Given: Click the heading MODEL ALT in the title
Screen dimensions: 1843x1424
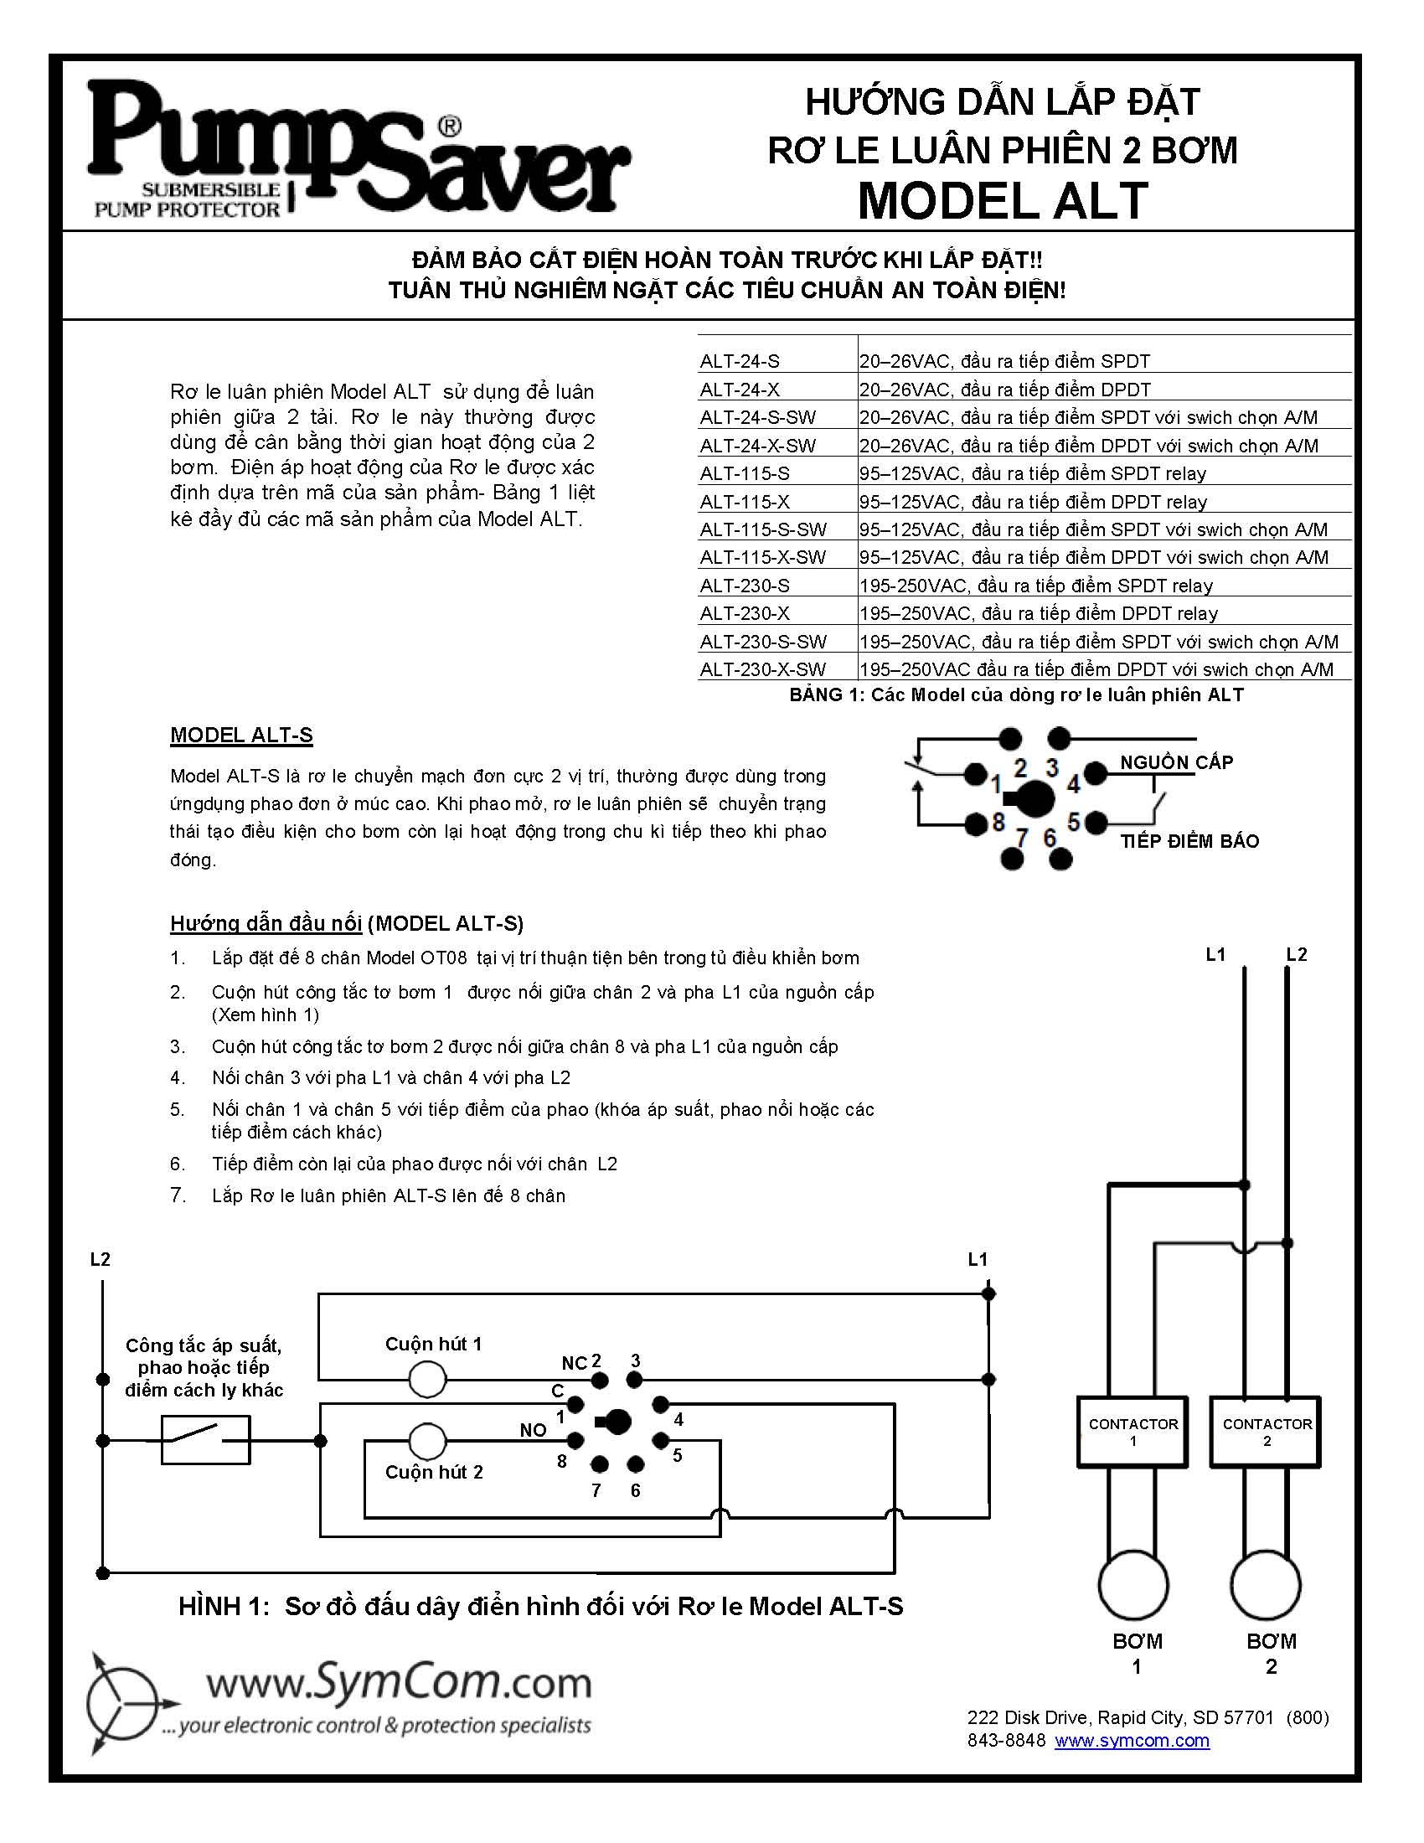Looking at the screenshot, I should [1002, 201].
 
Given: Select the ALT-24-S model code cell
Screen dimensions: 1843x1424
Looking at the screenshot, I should [740, 361].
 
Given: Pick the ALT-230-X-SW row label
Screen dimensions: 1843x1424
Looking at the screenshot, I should [762, 669].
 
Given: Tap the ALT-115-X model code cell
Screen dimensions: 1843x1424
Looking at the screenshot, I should [745, 501].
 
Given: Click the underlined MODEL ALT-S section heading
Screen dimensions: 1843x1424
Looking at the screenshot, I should [241, 735].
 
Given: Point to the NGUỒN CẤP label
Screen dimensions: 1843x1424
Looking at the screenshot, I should [1176, 762].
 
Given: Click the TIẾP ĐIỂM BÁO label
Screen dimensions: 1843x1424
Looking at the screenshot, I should [1189, 840].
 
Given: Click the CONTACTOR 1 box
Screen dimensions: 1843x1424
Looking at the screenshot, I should [1132, 1432].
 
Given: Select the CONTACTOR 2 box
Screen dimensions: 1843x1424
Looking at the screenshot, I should [1266, 1432].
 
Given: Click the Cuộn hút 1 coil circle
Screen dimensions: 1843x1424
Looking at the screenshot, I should [427, 1380].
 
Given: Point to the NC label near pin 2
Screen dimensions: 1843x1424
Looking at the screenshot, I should [574, 1363].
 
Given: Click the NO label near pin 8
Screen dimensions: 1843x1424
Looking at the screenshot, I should [532, 1429].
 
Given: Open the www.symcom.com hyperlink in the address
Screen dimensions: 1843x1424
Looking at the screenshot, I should [1132, 1740].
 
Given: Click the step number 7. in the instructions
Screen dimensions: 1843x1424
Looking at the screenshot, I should [177, 1195].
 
